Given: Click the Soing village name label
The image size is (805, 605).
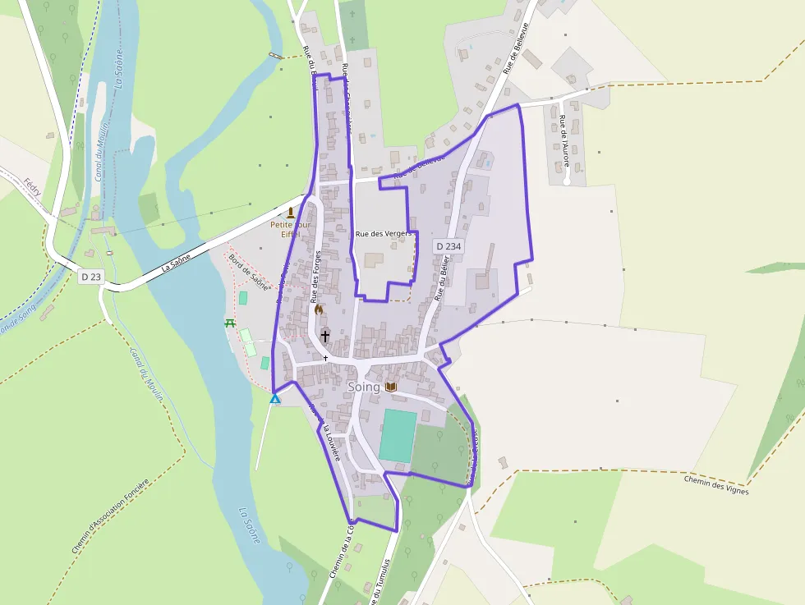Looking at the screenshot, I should [364, 387].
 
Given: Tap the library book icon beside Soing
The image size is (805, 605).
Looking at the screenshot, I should [391, 387].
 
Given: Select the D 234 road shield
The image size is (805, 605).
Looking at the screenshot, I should [448, 246].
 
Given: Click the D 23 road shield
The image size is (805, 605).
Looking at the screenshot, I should [91, 277].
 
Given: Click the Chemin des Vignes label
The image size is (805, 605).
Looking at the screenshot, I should [716, 485].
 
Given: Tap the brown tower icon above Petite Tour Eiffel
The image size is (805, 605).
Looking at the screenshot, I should [290, 213].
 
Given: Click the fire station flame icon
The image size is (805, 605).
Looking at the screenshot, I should [319, 309].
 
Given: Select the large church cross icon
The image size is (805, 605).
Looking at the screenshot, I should [325, 336].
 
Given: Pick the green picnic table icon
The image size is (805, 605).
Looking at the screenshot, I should [230, 323].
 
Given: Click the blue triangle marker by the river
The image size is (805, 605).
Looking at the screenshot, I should [275, 399].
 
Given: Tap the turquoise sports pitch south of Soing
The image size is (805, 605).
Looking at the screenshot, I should [398, 435].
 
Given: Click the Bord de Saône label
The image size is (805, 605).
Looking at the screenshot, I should [249, 272].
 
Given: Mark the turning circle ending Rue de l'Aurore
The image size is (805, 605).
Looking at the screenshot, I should [567, 181].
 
